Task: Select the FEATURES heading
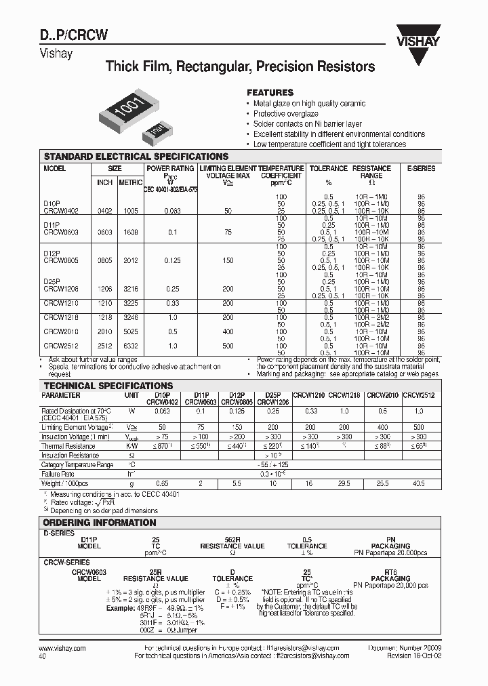pyautogui.click(x=269, y=92)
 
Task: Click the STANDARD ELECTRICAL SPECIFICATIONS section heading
pyautogui.click(x=136, y=157)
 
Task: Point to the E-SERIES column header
pyautogui.click(x=422, y=168)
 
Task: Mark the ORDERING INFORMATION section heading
pyautogui.click(x=100, y=523)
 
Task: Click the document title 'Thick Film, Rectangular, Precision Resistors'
pyautogui.click(x=240, y=67)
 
